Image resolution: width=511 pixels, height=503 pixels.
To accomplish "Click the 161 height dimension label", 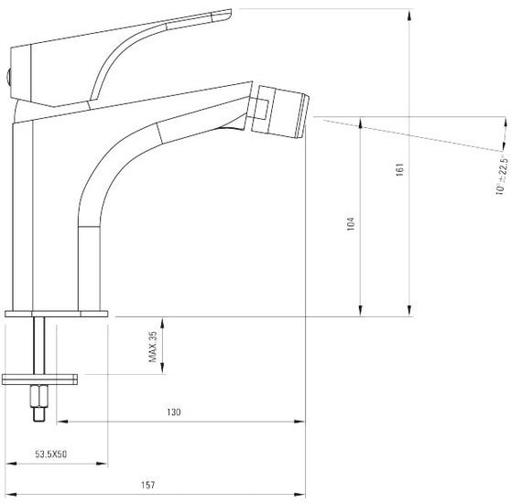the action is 399,170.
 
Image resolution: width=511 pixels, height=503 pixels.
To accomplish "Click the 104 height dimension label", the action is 351,224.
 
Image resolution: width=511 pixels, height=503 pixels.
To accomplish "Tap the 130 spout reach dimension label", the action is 174,412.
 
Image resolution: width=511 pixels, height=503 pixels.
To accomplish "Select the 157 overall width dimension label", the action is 148,485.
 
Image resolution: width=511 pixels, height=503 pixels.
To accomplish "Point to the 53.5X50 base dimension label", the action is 51,455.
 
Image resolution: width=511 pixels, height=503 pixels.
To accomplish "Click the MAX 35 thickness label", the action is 153,347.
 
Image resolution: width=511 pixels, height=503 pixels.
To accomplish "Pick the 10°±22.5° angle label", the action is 502,176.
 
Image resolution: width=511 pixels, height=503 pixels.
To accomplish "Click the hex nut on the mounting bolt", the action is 39,396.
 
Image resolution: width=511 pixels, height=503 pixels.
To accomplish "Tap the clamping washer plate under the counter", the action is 39,380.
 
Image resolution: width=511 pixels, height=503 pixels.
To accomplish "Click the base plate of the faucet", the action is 57,314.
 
